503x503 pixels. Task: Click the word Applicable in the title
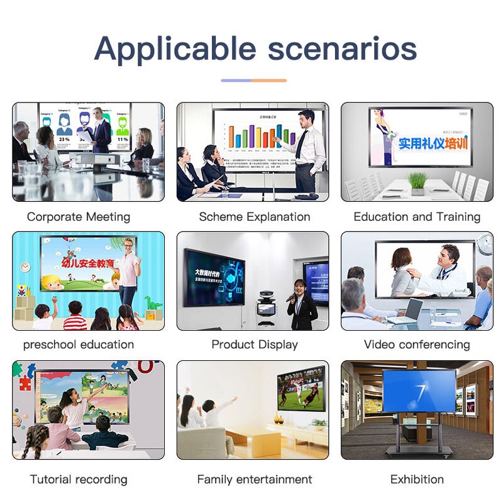click(x=175, y=49)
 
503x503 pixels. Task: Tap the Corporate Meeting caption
click(x=79, y=217)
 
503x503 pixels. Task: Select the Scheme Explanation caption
click(x=255, y=217)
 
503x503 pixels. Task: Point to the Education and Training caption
click(x=417, y=217)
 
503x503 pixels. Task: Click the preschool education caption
click(x=79, y=345)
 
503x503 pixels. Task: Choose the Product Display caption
click(x=255, y=345)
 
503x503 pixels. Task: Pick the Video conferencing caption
click(x=417, y=345)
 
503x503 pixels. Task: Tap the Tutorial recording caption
click(x=79, y=479)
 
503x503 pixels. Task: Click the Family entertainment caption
click(x=255, y=479)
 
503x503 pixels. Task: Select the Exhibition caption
click(x=417, y=479)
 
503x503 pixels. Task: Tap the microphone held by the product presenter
click(x=291, y=297)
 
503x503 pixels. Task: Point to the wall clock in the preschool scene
click(x=25, y=267)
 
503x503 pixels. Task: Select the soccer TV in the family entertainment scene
click(x=301, y=389)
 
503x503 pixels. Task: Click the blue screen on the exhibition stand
click(x=419, y=390)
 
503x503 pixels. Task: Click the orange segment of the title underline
click(x=269, y=80)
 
